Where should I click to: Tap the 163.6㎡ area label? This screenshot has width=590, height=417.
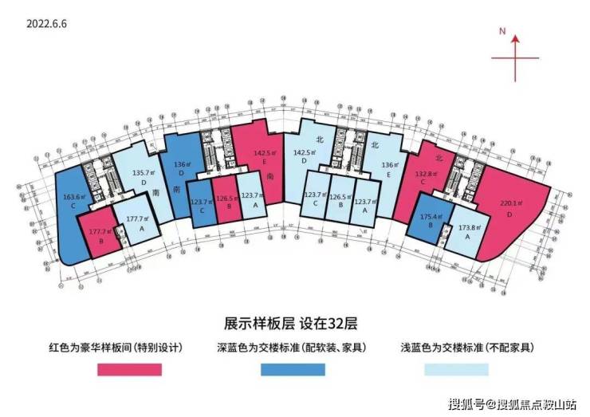[x=74, y=195]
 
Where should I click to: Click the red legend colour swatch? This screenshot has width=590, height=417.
[x=129, y=370]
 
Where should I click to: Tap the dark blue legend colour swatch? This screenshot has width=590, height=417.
[x=293, y=370]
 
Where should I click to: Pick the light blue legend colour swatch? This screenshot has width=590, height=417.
[x=456, y=370]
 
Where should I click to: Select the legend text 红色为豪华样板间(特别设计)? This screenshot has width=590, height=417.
[x=127, y=348]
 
